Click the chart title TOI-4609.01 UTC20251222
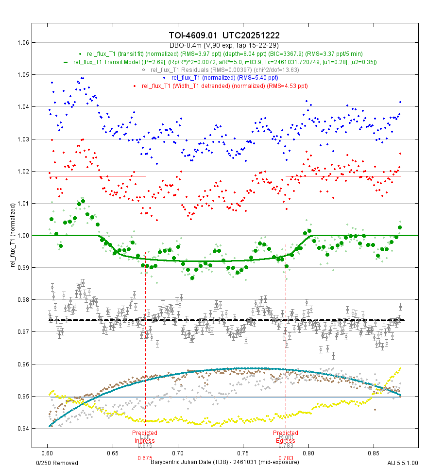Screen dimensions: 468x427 pyautogui.click(x=224, y=35)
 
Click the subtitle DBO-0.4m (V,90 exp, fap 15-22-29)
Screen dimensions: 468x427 pyautogui.click(x=224, y=45)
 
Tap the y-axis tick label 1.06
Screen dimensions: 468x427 pyautogui.click(x=23, y=43)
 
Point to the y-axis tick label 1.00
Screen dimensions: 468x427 pyautogui.click(x=23, y=236)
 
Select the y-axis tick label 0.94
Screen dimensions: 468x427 pyautogui.click(x=23, y=429)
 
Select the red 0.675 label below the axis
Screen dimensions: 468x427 pyautogui.click(x=145, y=458)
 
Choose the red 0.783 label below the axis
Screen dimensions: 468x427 pyautogui.click(x=286, y=458)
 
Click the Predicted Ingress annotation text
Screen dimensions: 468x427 pyautogui.click(x=145, y=437)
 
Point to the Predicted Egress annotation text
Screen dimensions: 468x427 pyautogui.click(x=286, y=437)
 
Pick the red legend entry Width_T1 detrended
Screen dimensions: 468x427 pyautogui.click(x=224, y=86)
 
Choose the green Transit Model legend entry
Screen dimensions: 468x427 pyautogui.click(x=224, y=62)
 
